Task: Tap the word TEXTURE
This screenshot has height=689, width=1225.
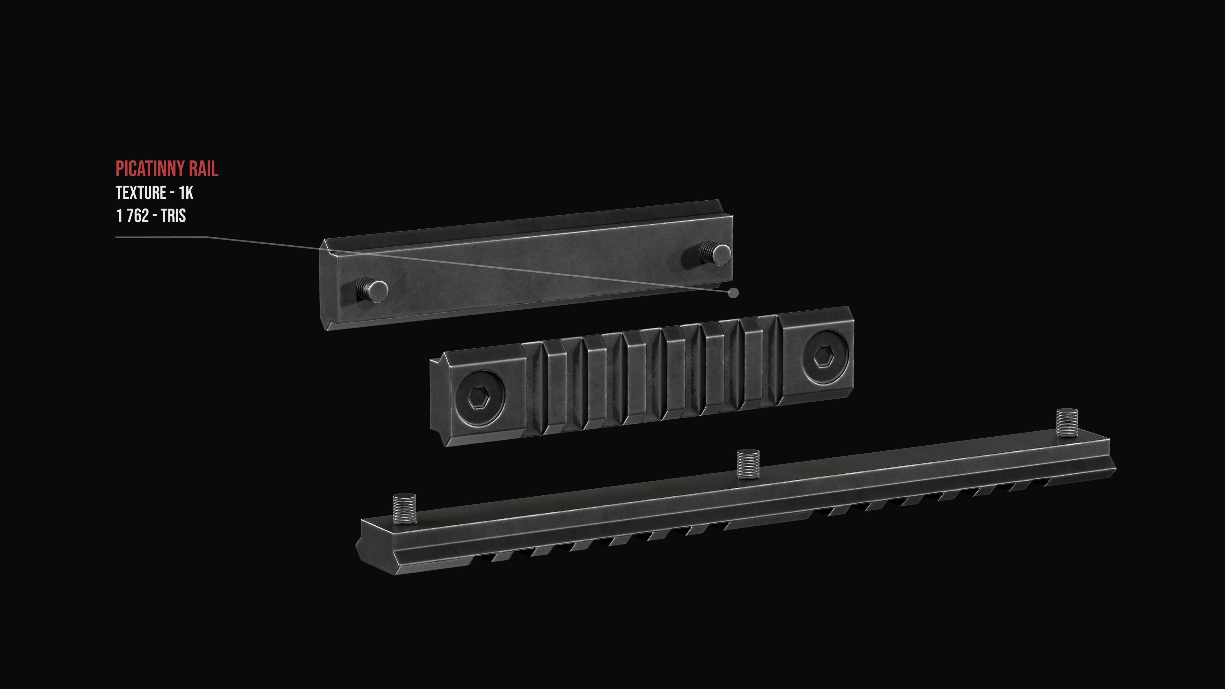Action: coord(141,193)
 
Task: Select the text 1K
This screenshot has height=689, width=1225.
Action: coord(186,193)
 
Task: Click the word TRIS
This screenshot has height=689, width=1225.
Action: coord(173,216)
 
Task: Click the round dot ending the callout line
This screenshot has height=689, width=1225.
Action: coord(734,293)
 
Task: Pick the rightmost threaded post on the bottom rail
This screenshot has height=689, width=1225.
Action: coord(1067,422)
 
